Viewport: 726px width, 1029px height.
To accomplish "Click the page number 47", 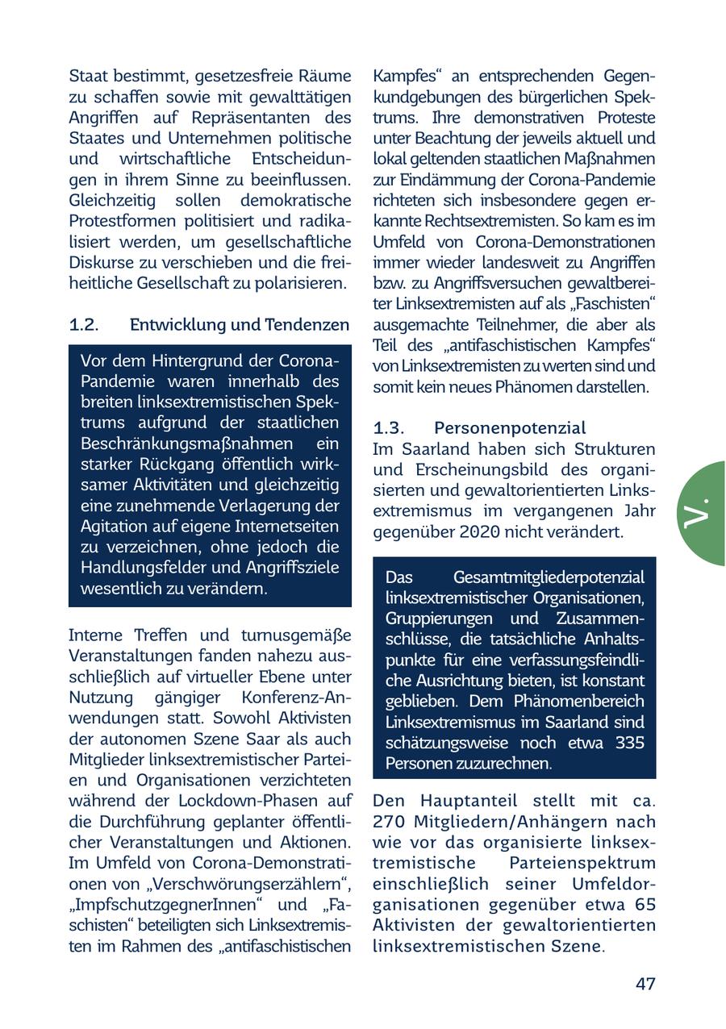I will (x=645, y=984).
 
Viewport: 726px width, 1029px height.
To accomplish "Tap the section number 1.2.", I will (x=84, y=324).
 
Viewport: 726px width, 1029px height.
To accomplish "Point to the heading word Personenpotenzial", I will (x=510, y=427).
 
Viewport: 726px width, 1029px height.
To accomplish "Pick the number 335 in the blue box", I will (x=629, y=743).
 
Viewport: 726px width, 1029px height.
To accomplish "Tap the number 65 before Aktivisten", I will (x=645, y=905).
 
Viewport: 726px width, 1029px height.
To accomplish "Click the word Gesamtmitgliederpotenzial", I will (x=549, y=577).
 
